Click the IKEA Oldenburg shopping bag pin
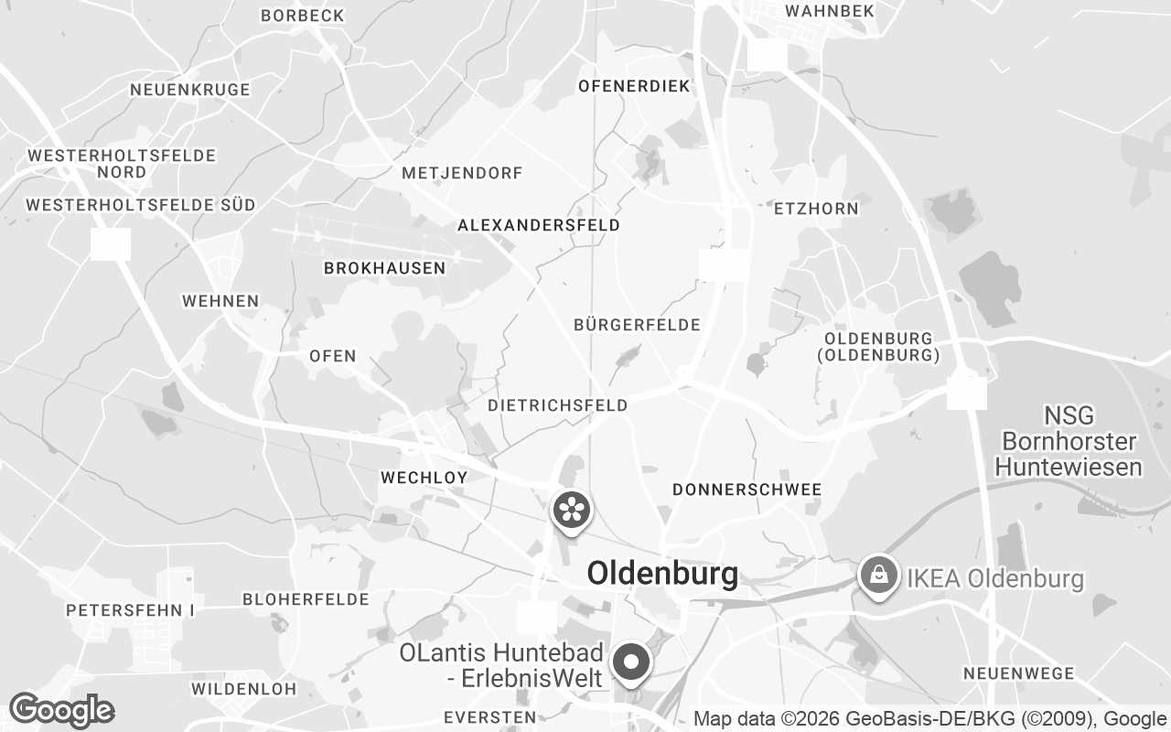point(878,576)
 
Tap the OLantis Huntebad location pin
point(630,662)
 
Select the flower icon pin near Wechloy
point(571,510)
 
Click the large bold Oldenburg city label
point(662,574)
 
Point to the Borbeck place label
point(302,16)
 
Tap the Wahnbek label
point(830,11)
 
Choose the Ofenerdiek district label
point(634,86)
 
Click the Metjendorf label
point(462,173)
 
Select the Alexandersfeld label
point(539,225)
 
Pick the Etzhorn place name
point(816,209)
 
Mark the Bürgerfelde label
point(637,325)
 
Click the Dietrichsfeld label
point(558,405)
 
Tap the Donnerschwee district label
point(747,490)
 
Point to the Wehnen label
point(220,301)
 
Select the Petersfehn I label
point(131,609)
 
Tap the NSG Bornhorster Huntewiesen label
point(1069,442)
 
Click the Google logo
point(61,710)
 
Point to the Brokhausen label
point(384,268)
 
